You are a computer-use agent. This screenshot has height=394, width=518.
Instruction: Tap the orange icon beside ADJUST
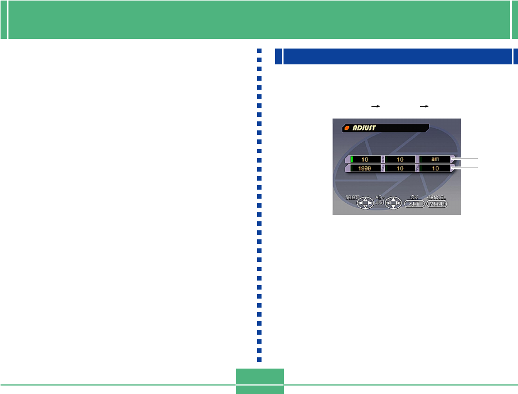click(347, 128)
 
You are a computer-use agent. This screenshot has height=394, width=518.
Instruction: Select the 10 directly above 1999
click(364, 159)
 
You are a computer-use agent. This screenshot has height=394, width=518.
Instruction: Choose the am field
click(434, 159)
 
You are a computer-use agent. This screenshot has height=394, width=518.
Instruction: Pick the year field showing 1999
click(364, 168)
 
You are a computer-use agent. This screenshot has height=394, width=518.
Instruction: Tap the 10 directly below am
click(434, 168)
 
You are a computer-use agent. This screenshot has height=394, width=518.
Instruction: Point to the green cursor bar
click(351, 159)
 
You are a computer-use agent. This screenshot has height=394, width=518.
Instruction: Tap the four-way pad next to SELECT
click(365, 203)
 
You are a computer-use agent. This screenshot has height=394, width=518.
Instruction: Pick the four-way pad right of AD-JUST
click(393, 203)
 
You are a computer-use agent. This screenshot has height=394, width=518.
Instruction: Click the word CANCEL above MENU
click(436, 197)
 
